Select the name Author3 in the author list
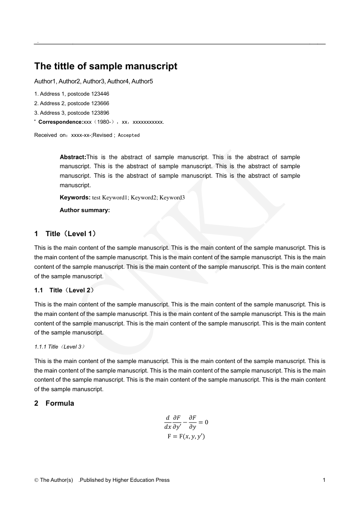tap(94, 82)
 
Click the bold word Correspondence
tap(61, 122)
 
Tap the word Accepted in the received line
tap(129, 136)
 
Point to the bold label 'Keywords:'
tap(75, 198)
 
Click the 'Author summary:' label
tap(85, 210)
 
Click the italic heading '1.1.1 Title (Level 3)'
tap(59, 347)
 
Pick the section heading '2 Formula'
tap(54, 403)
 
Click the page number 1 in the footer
tap(324, 480)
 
